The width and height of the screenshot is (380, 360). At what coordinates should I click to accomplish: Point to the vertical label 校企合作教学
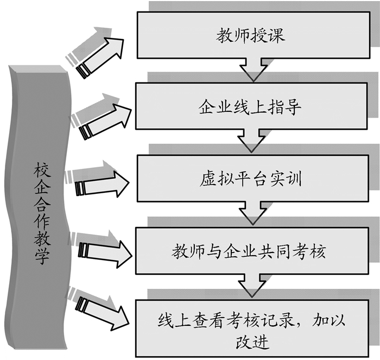tap(39, 212)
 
